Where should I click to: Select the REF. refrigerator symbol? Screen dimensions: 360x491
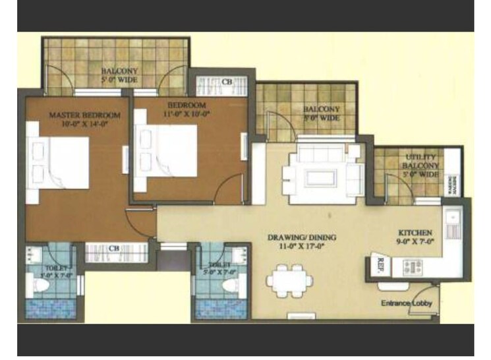pos(380,262)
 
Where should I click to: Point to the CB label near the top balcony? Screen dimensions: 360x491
pos(227,82)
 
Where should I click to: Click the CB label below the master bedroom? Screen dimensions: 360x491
pos(113,249)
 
